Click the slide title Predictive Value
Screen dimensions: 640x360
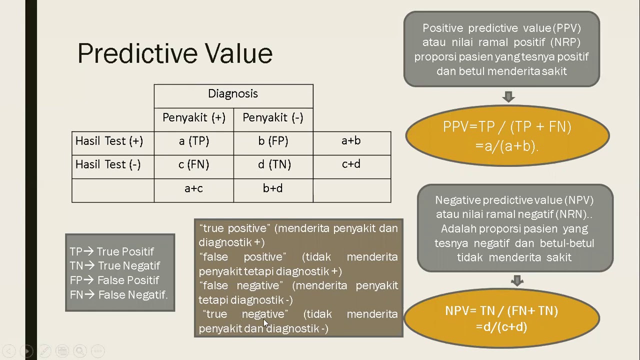[x=175, y=53]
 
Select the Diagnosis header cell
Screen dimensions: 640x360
[x=233, y=96]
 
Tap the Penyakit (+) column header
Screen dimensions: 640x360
[x=193, y=119]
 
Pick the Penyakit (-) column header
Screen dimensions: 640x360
[x=273, y=119]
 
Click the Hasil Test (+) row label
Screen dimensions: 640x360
[x=113, y=143]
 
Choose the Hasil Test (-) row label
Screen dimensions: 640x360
[x=113, y=167]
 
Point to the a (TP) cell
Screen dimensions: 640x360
[x=193, y=143]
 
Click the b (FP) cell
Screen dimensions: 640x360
[x=273, y=143]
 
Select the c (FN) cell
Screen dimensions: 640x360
[x=193, y=167]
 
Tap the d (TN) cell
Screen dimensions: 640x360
[x=273, y=167]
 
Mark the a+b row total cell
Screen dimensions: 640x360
[x=352, y=143]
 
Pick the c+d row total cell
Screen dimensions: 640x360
[x=352, y=167]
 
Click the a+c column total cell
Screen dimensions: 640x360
[x=193, y=190]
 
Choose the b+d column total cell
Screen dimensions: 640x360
[x=273, y=190]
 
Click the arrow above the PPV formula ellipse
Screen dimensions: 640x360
[x=508, y=96]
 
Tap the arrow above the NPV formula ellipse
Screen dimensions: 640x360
[x=517, y=280]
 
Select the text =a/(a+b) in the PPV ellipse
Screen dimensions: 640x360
[x=506, y=146]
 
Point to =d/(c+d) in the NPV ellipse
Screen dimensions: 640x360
[x=501, y=327]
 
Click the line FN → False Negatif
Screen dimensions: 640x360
[x=118, y=295]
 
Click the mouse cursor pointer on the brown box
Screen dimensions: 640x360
[x=266, y=323]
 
